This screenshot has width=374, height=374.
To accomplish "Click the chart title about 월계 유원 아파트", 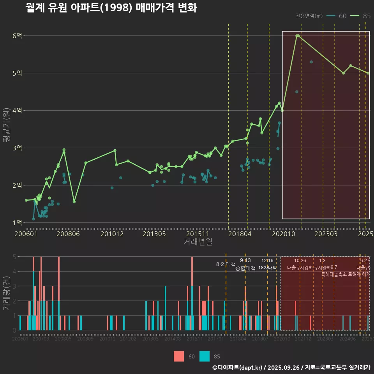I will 111,7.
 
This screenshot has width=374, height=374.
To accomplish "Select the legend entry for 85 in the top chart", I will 361,16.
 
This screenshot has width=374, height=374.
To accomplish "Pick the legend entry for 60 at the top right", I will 337,16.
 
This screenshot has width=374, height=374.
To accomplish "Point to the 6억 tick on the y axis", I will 17,35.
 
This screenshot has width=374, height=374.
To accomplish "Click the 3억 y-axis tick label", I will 17,148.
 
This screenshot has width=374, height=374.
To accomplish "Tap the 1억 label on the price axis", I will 17,222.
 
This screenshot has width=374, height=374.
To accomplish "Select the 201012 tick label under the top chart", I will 112,234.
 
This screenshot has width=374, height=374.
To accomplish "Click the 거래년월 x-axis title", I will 198,242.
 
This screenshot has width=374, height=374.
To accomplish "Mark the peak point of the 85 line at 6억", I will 297,35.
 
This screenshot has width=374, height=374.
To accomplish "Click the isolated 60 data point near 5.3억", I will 311,62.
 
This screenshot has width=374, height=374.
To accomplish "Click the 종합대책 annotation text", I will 245,268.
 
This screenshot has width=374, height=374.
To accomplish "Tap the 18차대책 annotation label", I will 267,268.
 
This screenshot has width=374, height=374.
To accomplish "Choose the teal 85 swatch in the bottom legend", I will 205,356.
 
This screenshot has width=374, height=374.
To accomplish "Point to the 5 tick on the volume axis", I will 14,257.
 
